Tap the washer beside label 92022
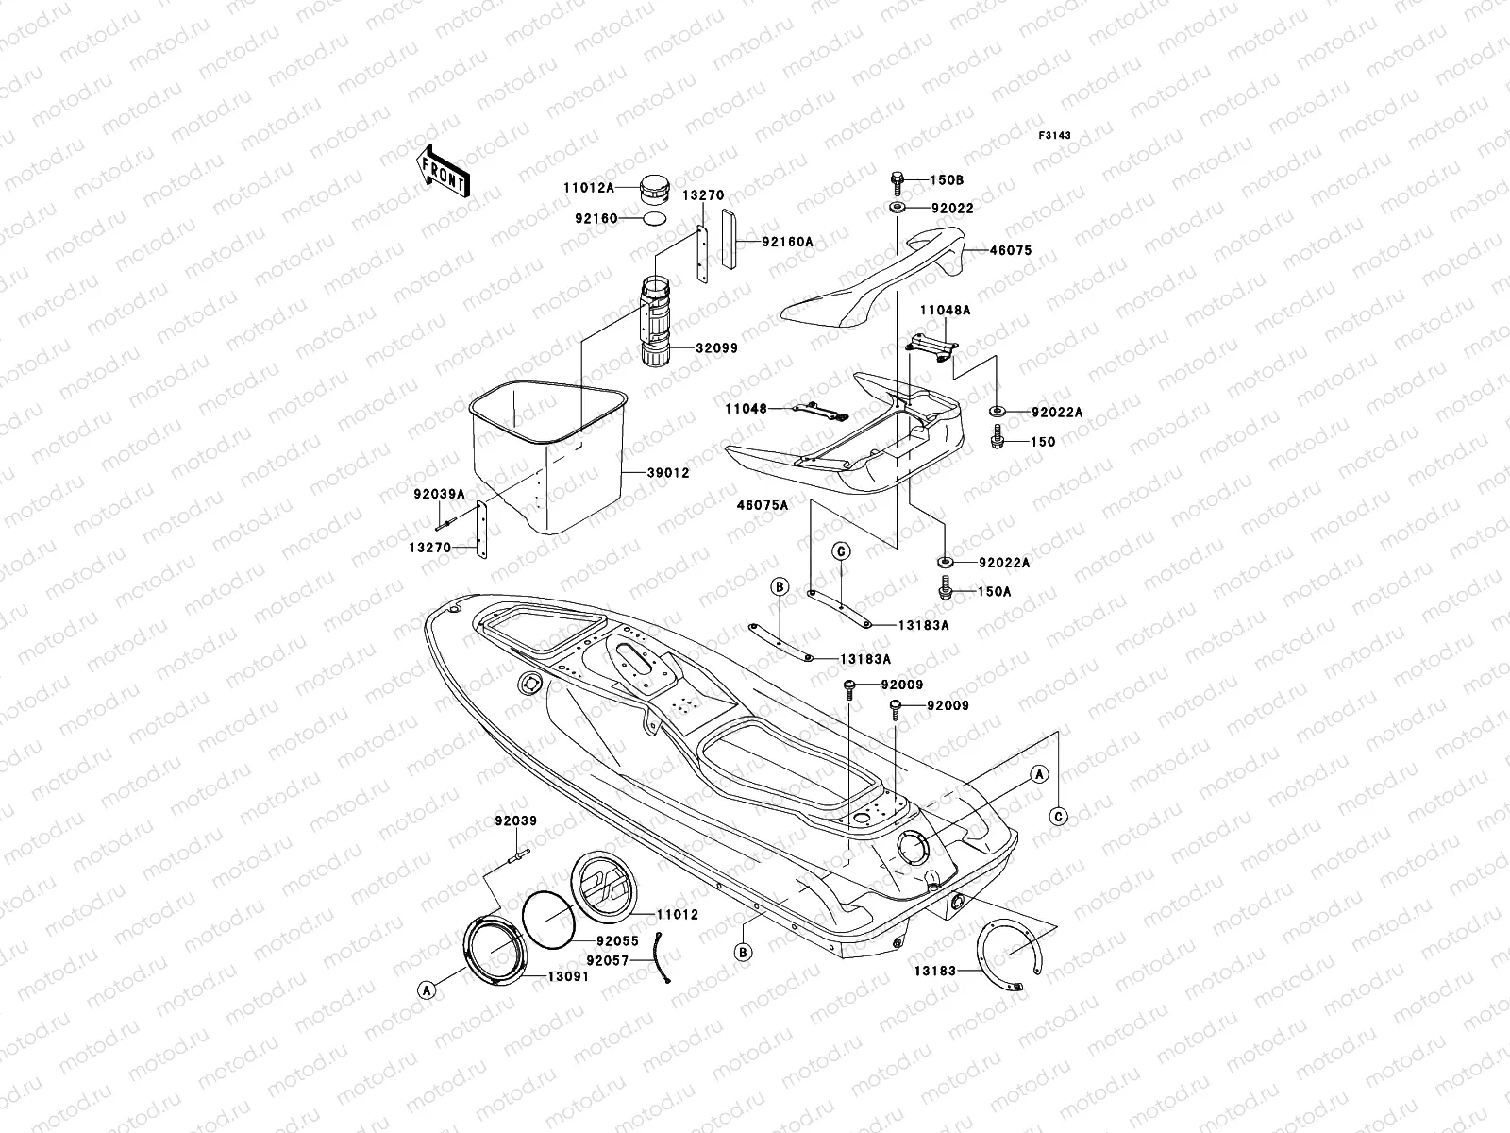coord(895,207)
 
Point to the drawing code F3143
coord(1057,136)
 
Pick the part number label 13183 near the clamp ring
coord(934,970)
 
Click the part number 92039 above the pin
coord(516,821)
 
